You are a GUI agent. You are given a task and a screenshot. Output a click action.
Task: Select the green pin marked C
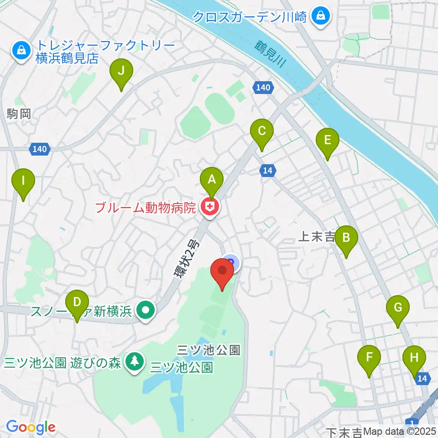pyautogui.click(x=262, y=131)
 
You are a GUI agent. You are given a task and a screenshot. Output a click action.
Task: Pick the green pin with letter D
pyautogui.click(x=77, y=302)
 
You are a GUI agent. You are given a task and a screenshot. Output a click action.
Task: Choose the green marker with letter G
pyautogui.click(x=398, y=308)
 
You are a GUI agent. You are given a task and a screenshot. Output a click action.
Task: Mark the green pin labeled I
pyautogui.click(x=23, y=181)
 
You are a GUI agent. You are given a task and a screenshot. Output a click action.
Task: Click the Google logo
pyautogui.click(x=31, y=427)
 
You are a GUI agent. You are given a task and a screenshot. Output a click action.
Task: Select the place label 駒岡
pyautogui.click(x=19, y=114)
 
